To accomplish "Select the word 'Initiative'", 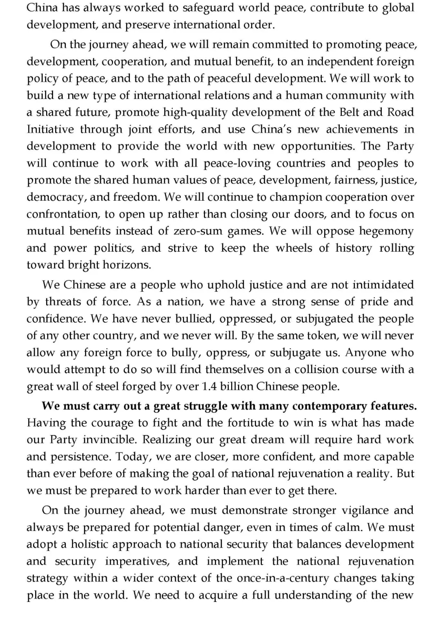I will [x=50, y=129].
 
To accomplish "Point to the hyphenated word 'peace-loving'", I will [x=237, y=163].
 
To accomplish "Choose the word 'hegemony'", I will [x=386, y=231].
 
